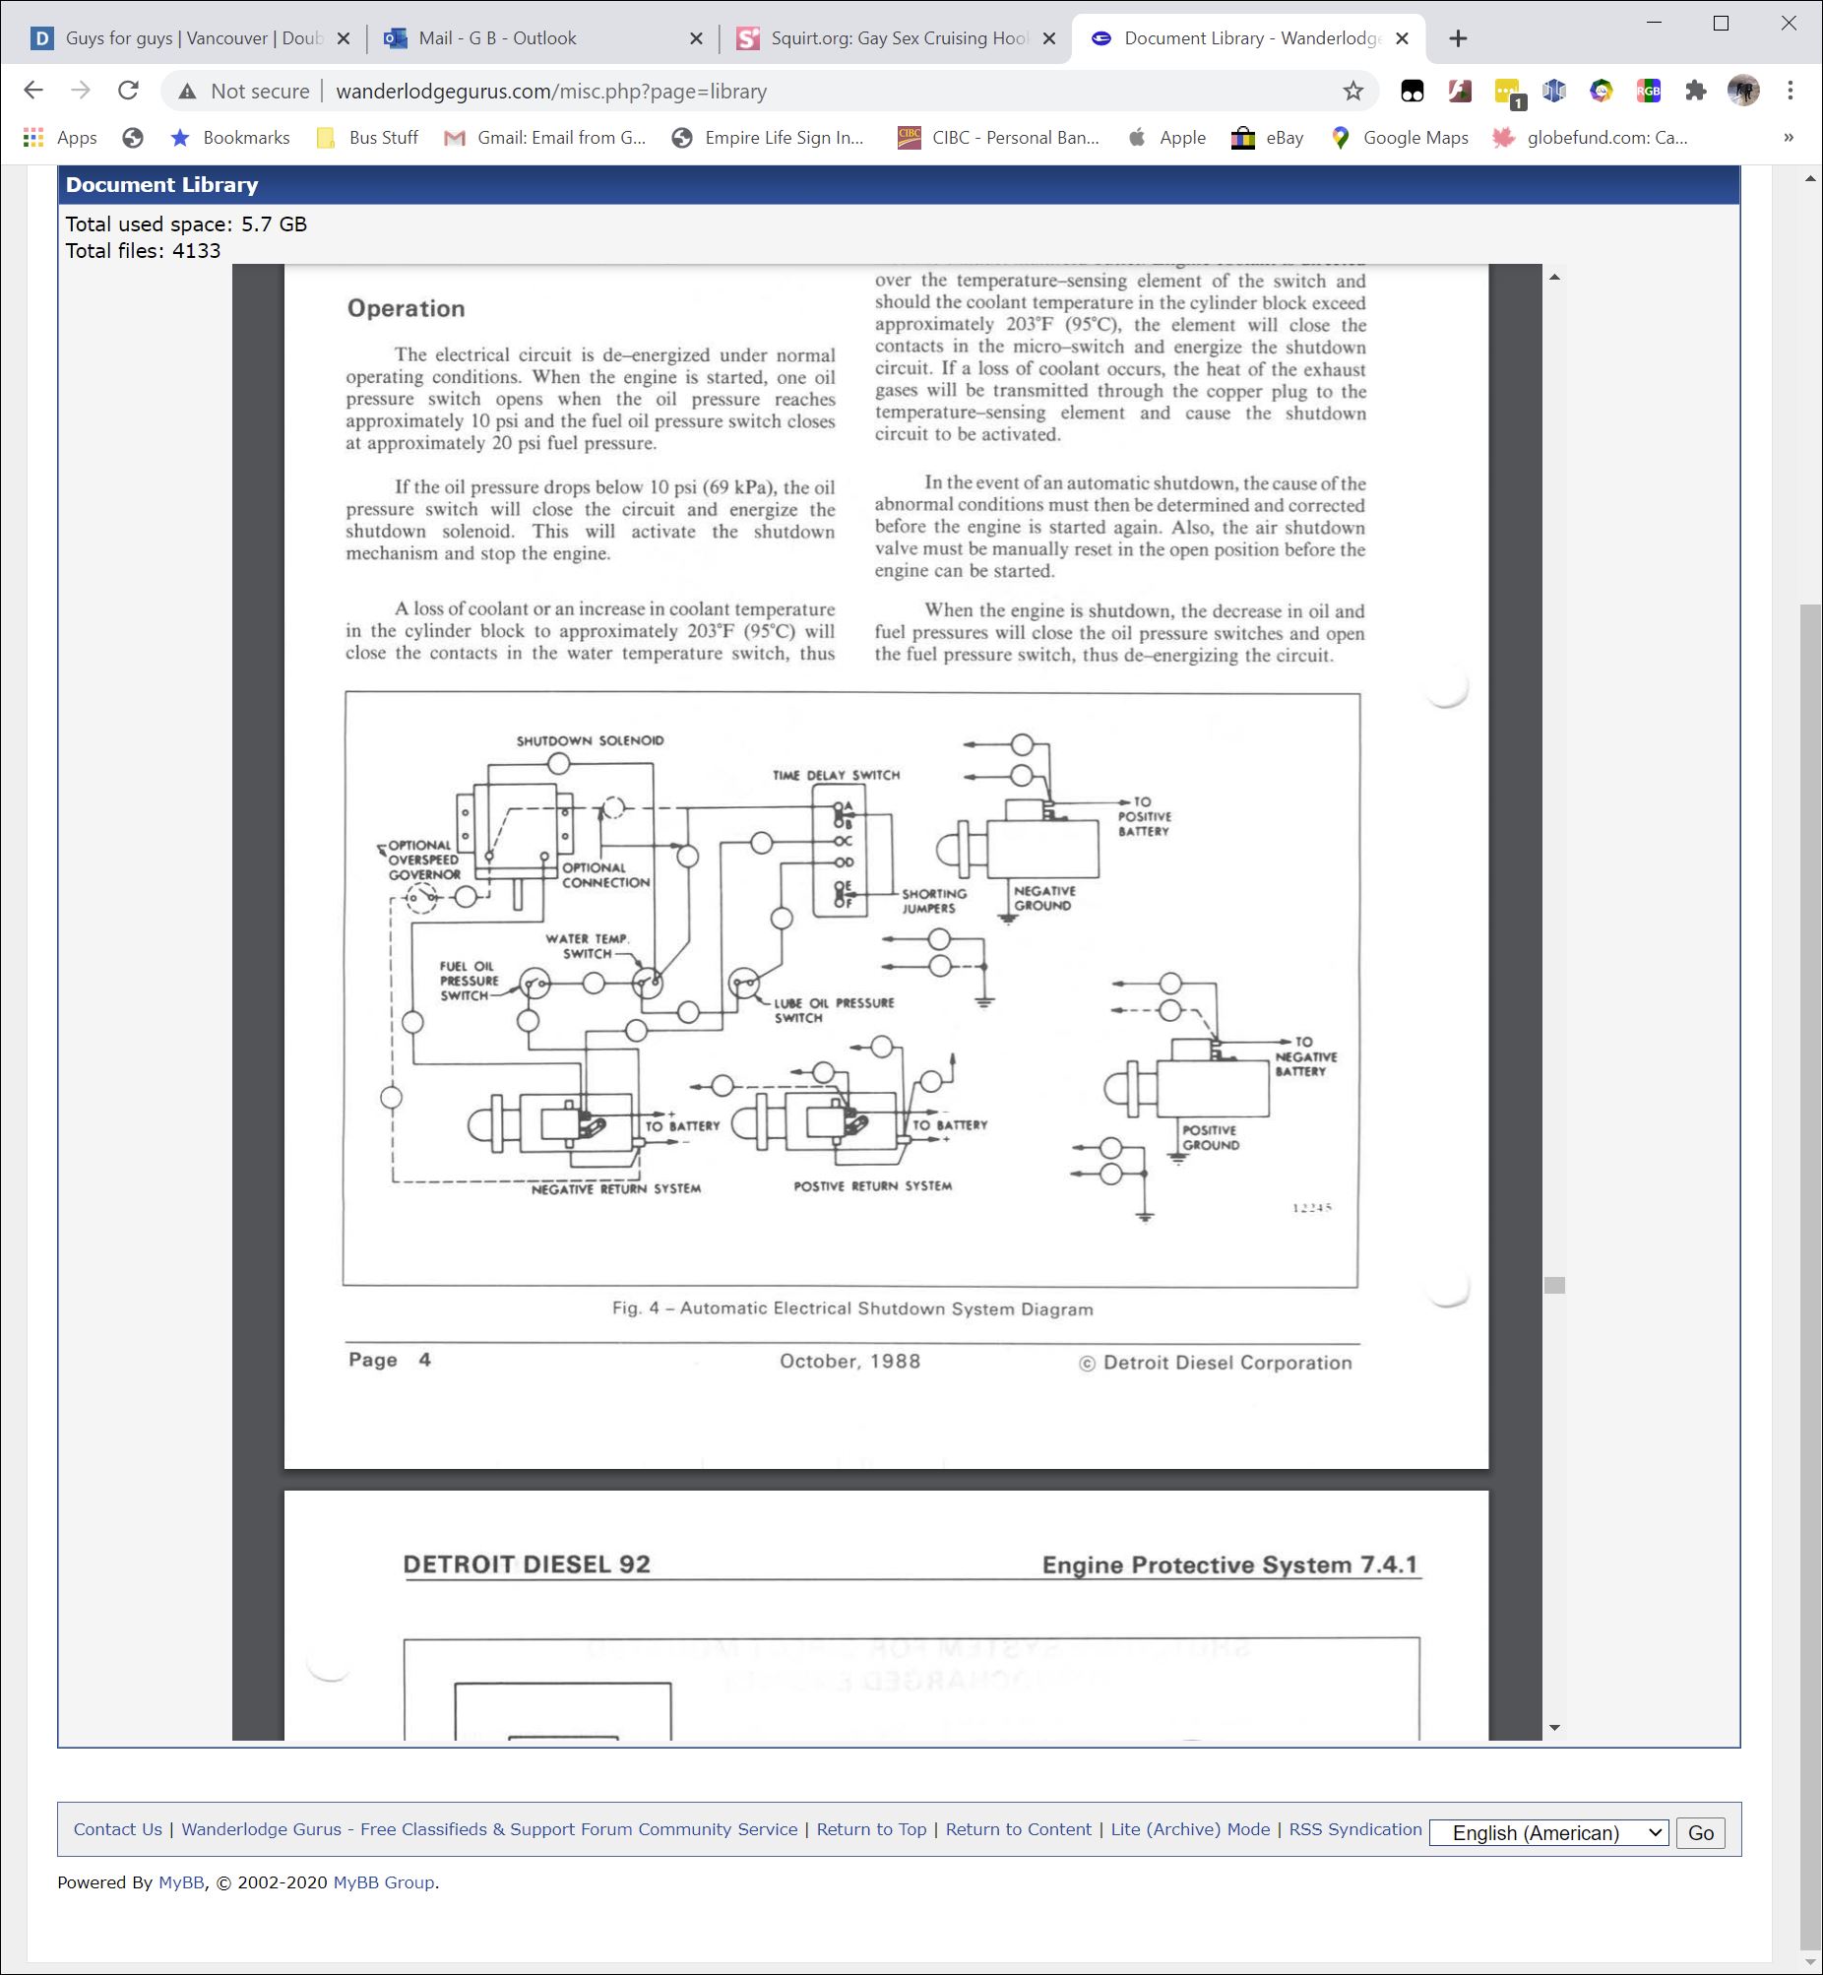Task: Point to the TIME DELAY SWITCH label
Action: pyautogui.click(x=836, y=776)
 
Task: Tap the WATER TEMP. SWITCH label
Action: pyautogui.click(x=587, y=946)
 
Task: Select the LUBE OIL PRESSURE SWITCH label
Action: pyautogui.click(x=833, y=1010)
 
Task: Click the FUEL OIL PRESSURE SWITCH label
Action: pyautogui.click(x=469, y=981)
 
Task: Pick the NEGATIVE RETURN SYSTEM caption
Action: pyautogui.click(x=615, y=1188)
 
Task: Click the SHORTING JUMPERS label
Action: pyautogui.click(x=933, y=901)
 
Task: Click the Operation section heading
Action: pyautogui.click(x=406, y=309)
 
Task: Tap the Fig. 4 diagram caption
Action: pyautogui.click(x=852, y=1309)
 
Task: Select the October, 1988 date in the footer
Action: pyautogui.click(x=849, y=1362)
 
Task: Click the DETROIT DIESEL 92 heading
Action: pyautogui.click(x=526, y=1564)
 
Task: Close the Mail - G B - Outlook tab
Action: pyautogui.click(x=696, y=38)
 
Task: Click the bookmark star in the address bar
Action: pyautogui.click(x=1352, y=91)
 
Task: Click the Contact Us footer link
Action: pyautogui.click(x=117, y=1829)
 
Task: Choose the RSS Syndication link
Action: pyautogui.click(x=1354, y=1829)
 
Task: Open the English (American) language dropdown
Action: pyautogui.click(x=1547, y=1833)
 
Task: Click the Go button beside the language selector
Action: pyautogui.click(x=1700, y=1833)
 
